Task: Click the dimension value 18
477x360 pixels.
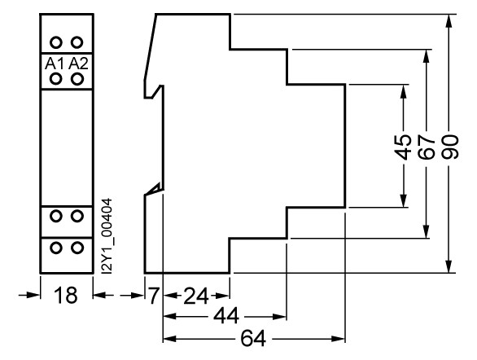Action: pyautogui.click(x=65, y=295)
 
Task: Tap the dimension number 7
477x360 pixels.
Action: pyautogui.click(x=154, y=295)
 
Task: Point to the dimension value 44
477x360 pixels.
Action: pyautogui.click(x=226, y=317)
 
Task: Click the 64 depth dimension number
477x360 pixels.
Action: pyautogui.click(x=253, y=338)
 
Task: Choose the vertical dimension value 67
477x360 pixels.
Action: pyautogui.click(x=427, y=147)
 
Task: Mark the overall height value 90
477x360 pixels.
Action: pyautogui.click(x=449, y=147)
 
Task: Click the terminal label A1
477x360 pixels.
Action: pyautogui.click(x=55, y=64)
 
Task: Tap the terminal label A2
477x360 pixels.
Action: pyautogui.click(x=78, y=64)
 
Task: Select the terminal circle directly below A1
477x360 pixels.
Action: pyautogui.click(x=55, y=79)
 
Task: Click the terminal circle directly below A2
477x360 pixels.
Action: pyautogui.click(x=77, y=79)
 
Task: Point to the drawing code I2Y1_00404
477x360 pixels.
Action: pyautogui.click(x=107, y=236)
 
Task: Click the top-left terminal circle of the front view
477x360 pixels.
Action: pyautogui.click(x=55, y=42)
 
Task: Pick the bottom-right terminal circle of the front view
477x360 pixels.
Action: pyautogui.click(x=77, y=248)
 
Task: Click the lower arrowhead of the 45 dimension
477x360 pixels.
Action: pyautogui.click(x=404, y=200)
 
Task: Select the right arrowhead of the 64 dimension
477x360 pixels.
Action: pyautogui.click(x=338, y=339)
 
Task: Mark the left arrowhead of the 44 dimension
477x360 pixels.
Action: pyautogui.click(x=170, y=317)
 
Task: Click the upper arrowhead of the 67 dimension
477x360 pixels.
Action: pyautogui.click(x=427, y=56)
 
